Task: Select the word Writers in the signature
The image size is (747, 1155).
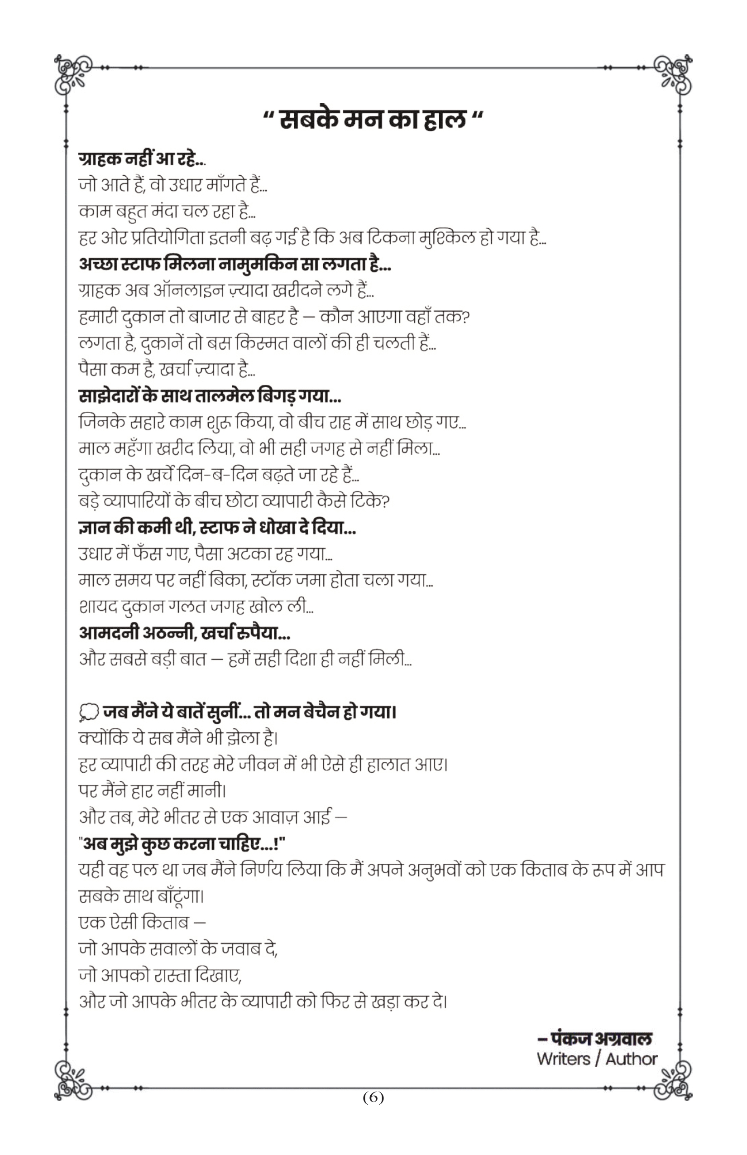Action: (563, 1059)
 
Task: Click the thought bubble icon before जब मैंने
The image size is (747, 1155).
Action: (88, 712)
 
